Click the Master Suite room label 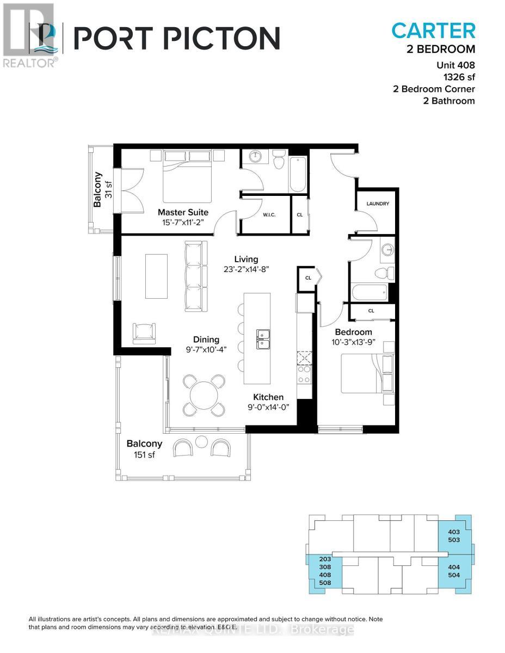point(183,212)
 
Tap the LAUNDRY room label point(378,204)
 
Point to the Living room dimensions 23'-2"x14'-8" point(246,269)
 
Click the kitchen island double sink point(264,338)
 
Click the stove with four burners point(304,374)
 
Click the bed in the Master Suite point(187,180)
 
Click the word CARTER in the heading point(433,31)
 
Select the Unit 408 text point(455,65)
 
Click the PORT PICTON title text point(177,38)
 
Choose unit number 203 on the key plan point(325,559)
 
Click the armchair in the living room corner point(144,332)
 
